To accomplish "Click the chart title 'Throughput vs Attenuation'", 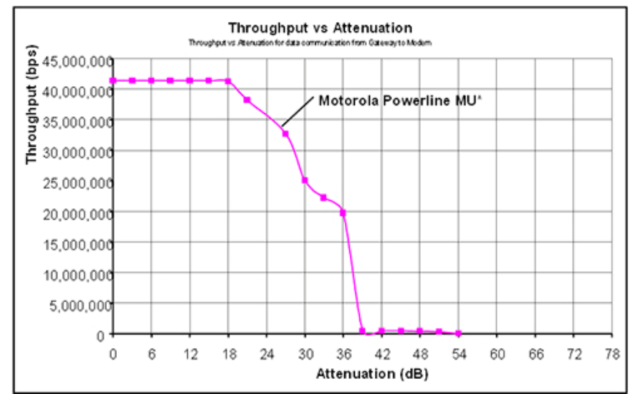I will point(320,28).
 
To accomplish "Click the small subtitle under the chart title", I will point(309,42).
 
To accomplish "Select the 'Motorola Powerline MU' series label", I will point(400,101).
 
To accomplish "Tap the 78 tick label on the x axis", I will point(611,353).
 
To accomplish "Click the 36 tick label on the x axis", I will point(343,353).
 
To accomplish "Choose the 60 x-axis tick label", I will point(496,353).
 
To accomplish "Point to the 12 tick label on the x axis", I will point(189,353).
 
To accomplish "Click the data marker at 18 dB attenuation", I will point(228,81).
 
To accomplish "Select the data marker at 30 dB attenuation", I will point(305,180).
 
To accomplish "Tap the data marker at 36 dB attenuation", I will point(343,213).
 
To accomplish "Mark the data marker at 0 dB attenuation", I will point(113,80).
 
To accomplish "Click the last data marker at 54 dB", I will point(458,333).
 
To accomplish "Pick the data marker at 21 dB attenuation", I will point(247,100).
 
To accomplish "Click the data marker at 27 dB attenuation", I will point(285,133).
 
